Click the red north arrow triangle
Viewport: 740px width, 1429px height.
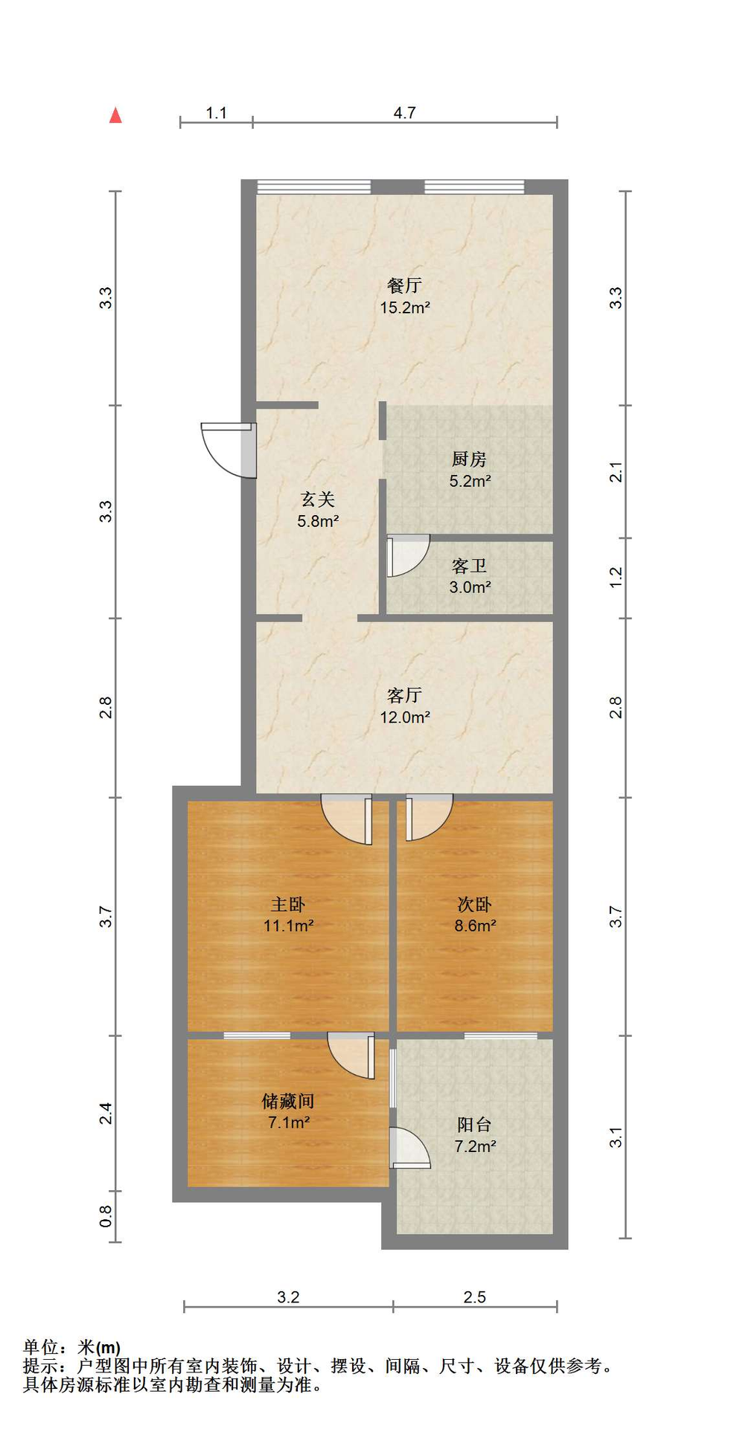[x=115, y=115]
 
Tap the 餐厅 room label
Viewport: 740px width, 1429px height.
[x=405, y=285]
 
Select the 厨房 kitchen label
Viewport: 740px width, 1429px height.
[x=469, y=459]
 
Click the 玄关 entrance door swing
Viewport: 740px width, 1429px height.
[x=229, y=450]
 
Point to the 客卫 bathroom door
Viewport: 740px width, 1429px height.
[x=408, y=555]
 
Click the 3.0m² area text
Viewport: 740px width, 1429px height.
[x=470, y=587]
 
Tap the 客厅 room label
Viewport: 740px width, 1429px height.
[x=405, y=695]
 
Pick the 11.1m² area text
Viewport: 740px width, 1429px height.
[x=288, y=926]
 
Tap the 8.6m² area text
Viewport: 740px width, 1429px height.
[x=476, y=926]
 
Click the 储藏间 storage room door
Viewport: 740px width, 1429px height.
[x=351, y=1055]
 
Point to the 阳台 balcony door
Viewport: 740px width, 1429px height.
[x=409, y=1148]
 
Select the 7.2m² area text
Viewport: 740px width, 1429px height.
[x=476, y=1146]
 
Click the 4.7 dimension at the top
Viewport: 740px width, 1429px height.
[x=404, y=112]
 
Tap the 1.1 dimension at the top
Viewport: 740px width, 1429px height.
[x=216, y=112]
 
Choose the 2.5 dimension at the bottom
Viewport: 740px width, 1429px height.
[x=474, y=1297]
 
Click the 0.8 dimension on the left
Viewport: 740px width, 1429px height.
[x=106, y=1216]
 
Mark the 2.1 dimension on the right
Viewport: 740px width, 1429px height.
[x=616, y=472]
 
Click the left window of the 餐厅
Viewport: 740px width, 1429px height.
[x=313, y=186]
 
